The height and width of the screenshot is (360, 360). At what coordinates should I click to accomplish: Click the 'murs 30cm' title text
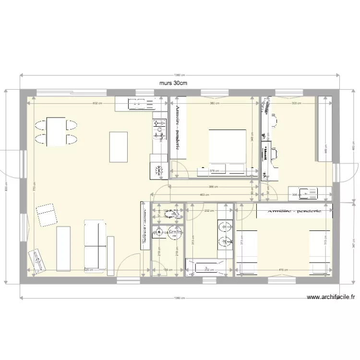click(173, 83)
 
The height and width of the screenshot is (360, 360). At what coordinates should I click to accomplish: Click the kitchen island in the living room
click(119, 147)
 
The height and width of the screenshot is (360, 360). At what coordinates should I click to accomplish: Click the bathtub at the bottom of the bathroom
click(205, 266)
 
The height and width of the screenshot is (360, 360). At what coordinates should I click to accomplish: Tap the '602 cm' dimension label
click(98, 103)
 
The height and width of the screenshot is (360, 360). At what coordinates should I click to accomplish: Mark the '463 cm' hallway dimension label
click(205, 194)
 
